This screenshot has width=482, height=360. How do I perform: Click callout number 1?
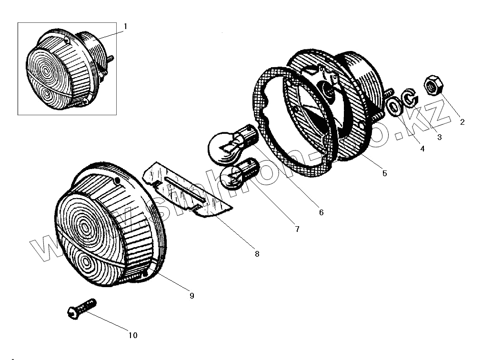coord(125,27)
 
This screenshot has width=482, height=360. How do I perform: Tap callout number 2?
coord(462,121)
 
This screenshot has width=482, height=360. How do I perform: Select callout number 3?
coord(439,137)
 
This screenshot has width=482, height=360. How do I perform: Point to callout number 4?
coord(422,148)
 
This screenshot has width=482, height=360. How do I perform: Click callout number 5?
coord(384,173)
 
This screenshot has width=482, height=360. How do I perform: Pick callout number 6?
coord(321,212)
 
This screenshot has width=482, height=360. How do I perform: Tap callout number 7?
coord(297,229)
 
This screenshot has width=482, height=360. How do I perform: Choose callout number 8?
coord(257,254)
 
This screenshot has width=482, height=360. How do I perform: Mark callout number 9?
coord(191,296)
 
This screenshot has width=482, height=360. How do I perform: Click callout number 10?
coord(133,335)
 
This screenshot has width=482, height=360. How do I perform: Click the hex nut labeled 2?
coord(434,86)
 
